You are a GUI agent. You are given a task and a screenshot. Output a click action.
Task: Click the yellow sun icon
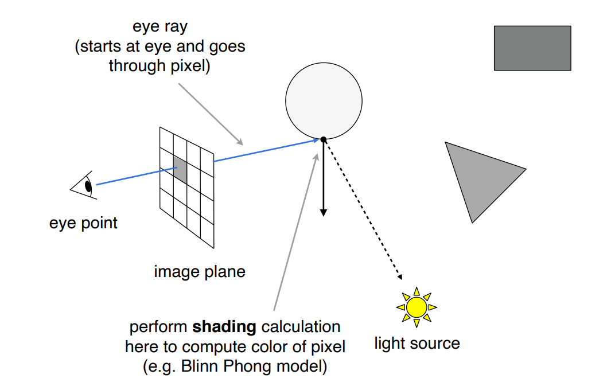point(417,307)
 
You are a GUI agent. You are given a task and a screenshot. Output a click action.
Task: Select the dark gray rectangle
point(532,48)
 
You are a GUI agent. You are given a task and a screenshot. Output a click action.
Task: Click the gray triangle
point(480,175)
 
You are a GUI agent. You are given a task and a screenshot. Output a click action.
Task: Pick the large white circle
point(324,101)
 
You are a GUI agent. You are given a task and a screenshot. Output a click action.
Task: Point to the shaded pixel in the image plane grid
point(180,170)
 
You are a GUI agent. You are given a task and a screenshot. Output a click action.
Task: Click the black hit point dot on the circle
point(324,139)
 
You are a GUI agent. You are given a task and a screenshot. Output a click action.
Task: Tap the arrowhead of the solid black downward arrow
point(324,212)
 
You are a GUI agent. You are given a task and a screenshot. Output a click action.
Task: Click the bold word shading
point(224,327)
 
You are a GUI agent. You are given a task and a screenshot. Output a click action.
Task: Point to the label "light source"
point(417,344)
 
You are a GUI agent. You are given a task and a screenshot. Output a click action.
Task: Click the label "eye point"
point(83,223)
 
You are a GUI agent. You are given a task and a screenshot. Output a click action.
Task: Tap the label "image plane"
point(200,271)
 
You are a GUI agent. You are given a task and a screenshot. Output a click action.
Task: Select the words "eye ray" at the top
point(159,27)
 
